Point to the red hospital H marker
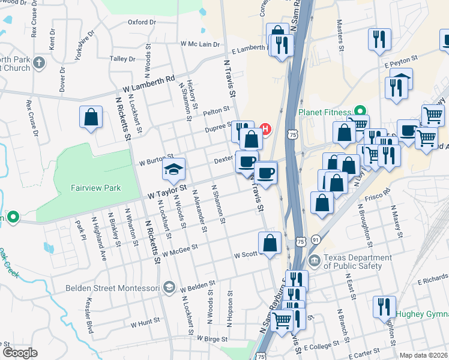pos(265,128)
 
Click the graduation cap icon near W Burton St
pos(173,169)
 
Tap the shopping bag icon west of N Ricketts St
pos(90,117)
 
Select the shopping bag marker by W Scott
pos(270,243)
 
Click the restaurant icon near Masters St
pos(379,39)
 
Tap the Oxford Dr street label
pos(142,22)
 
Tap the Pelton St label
pos(217,110)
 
